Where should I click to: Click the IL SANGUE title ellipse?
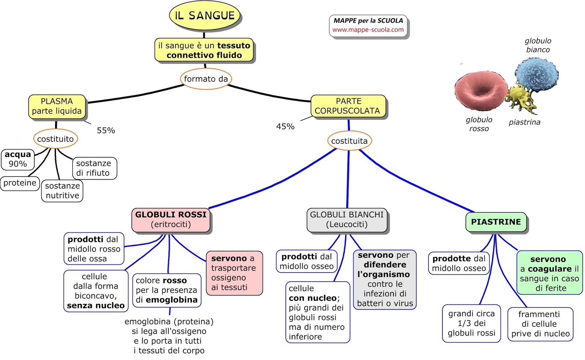[204, 16]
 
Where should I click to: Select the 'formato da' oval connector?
[206, 79]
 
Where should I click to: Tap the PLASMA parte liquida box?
[57, 106]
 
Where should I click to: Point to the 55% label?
[106, 131]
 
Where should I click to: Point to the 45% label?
[285, 127]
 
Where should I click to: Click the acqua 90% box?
[18, 159]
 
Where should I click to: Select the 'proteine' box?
[20, 183]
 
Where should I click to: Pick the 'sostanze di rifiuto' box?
[94, 168]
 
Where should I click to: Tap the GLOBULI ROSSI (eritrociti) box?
[171, 220]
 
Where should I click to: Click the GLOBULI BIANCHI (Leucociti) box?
[347, 220]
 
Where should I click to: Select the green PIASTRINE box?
[496, 222]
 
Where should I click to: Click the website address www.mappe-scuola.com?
[368, 30]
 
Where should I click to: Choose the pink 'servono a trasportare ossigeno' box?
[234, 273]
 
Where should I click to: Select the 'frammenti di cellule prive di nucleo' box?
[540, 324]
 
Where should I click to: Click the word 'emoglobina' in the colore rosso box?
[171, 300]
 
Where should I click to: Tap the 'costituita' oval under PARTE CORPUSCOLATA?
[349, 141]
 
